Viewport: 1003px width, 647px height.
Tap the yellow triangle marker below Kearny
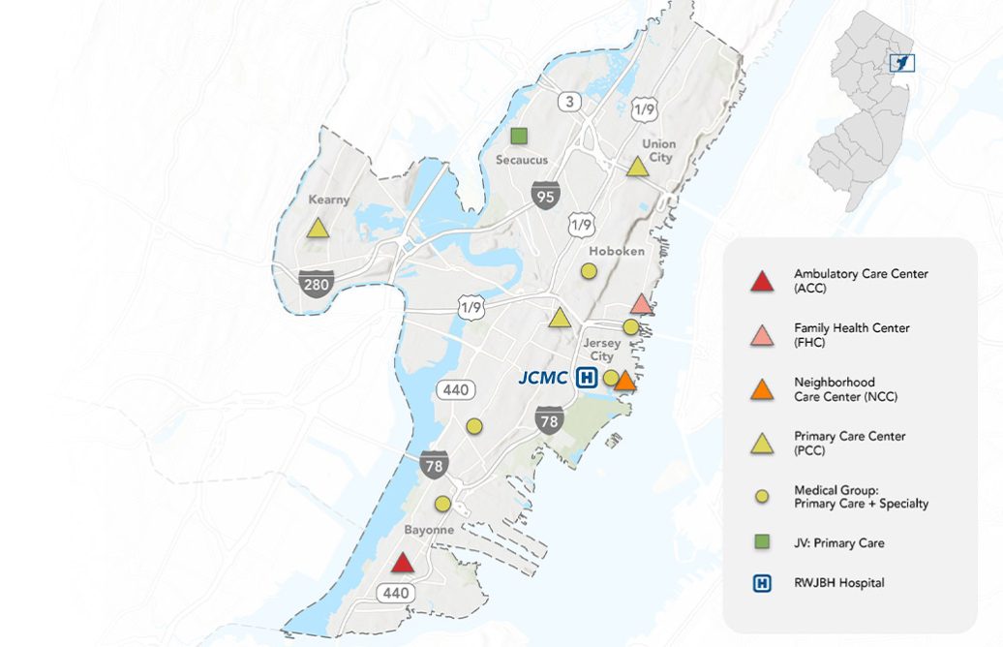pos(318,229)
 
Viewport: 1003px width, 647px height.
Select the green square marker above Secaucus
pos(519,136)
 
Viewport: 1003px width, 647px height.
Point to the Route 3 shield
pos(568,101)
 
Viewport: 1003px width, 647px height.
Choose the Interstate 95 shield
pos(545,197)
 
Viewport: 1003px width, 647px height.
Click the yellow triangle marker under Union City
pos(637,167)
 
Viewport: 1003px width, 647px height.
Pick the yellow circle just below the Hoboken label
pos(589,271)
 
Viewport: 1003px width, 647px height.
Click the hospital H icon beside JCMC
pos(586,378)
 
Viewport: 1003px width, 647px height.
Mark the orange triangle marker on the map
pos(625,381)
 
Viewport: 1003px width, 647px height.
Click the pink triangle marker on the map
pos(641,304)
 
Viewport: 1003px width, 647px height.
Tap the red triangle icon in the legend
pos(762,282)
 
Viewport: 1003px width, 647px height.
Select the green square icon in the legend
pos(762,542)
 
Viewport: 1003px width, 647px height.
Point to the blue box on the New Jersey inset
pos(901,63)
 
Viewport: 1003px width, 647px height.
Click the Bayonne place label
pos(429,531)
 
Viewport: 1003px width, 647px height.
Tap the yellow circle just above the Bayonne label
pos(442,504)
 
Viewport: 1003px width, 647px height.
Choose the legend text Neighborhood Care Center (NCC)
pos(836,389)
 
